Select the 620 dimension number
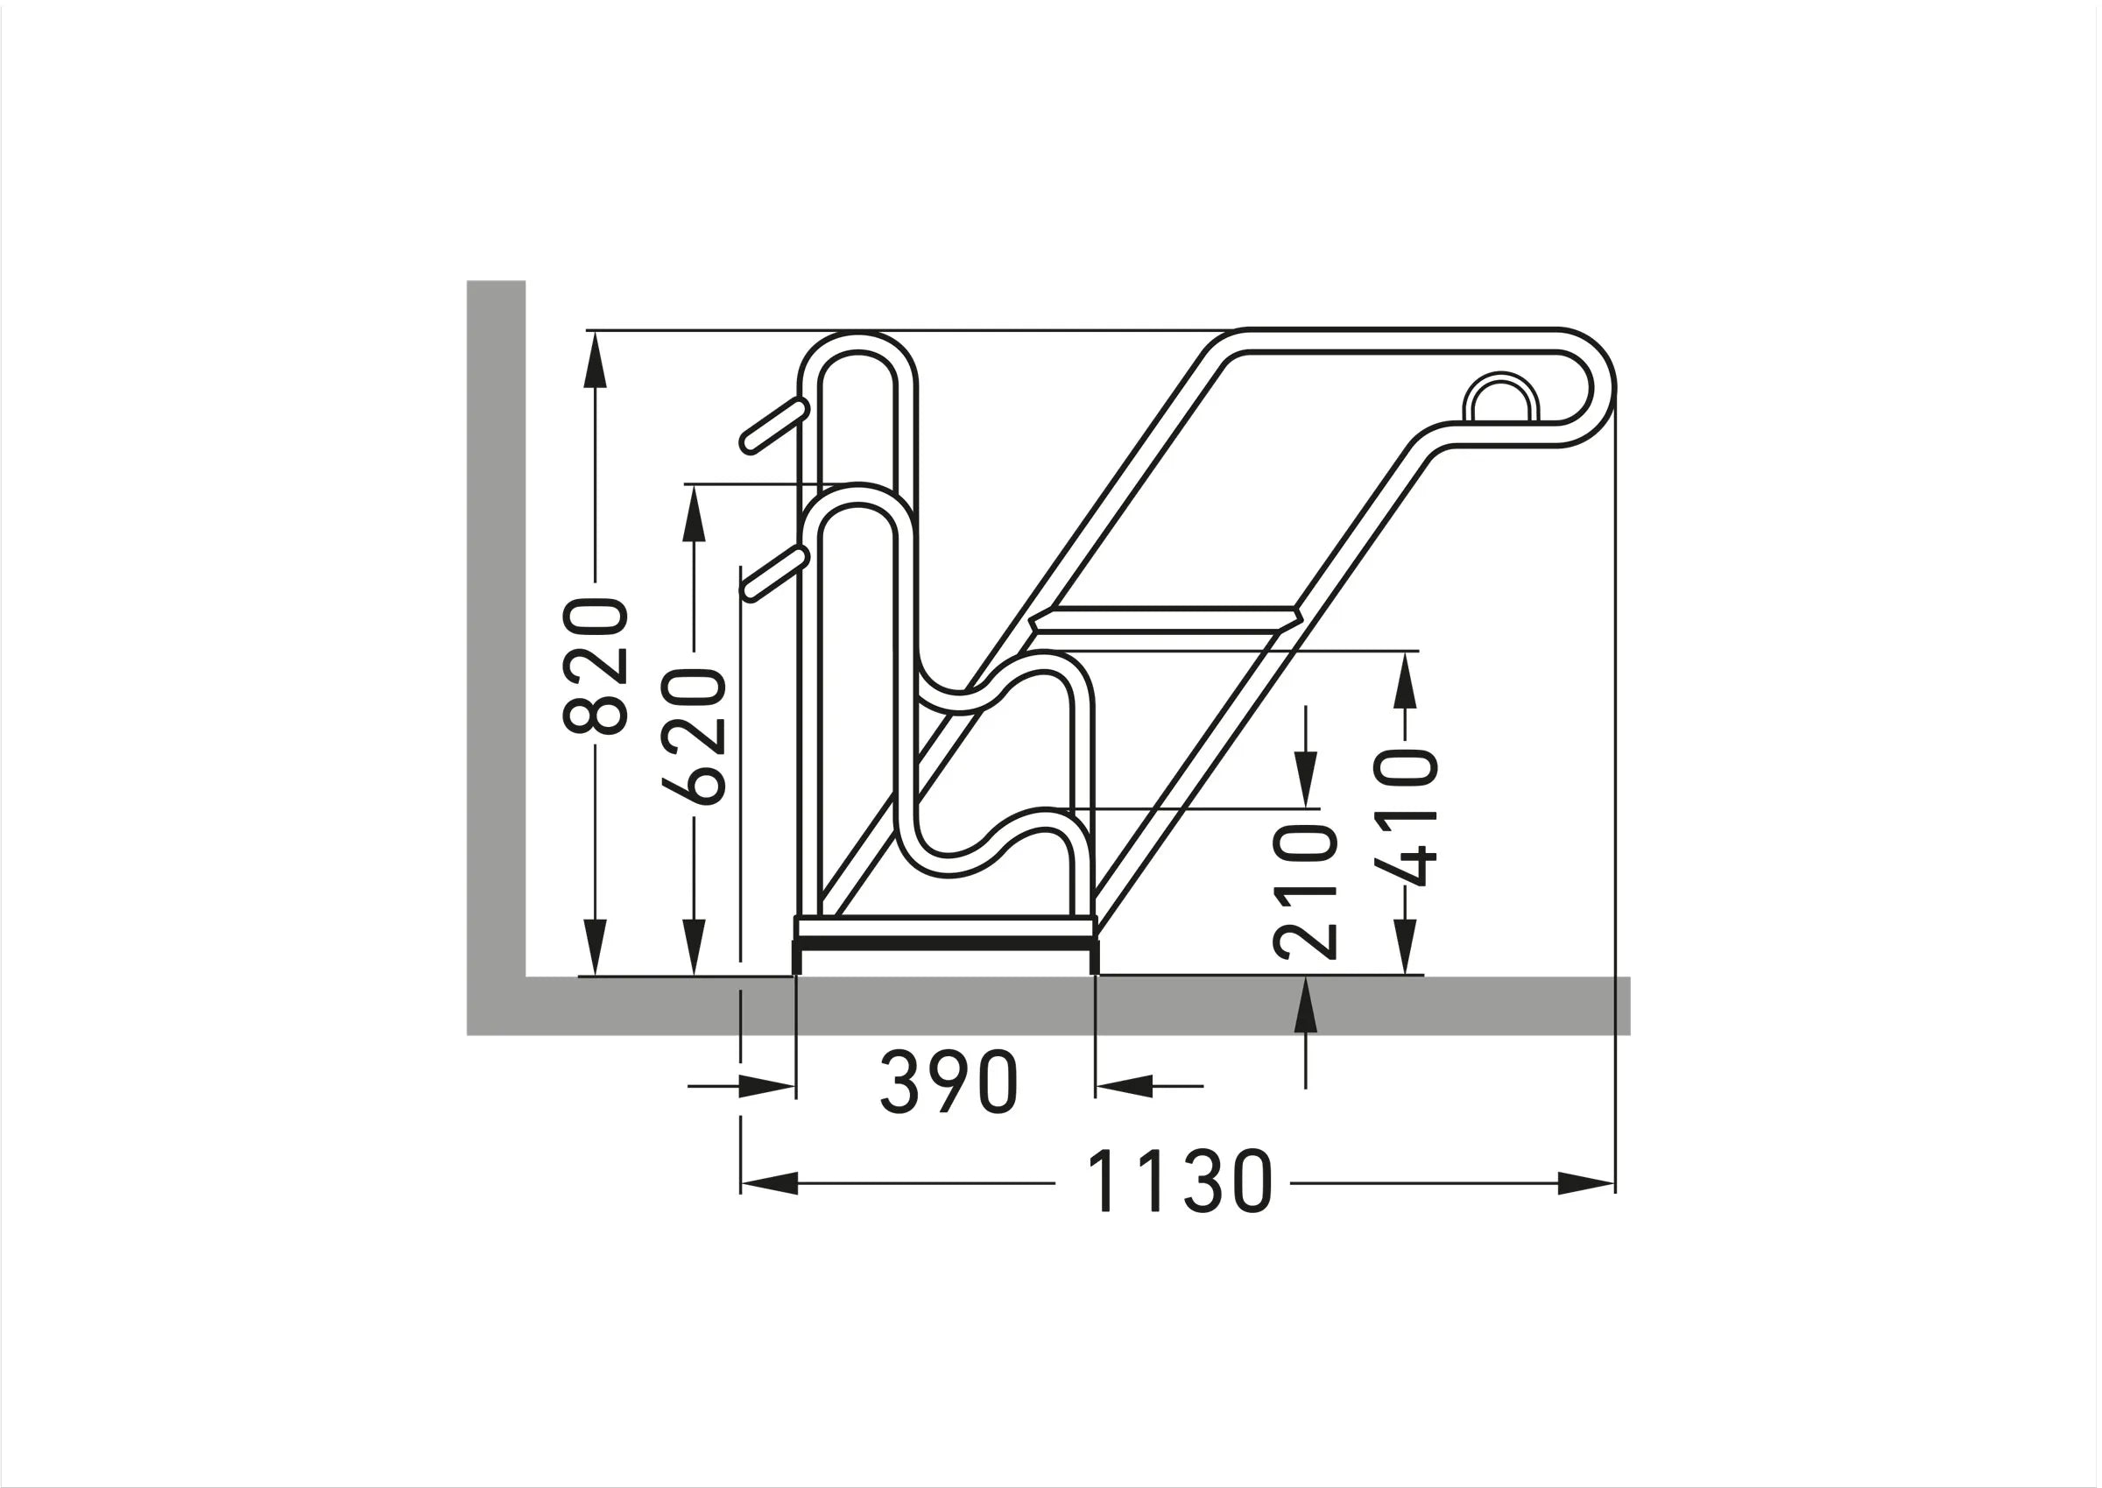(x=695, y=737)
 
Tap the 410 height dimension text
(x=1405, y=817)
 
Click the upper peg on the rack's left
(x=775, y=426)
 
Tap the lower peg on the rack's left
(x=775, y=575)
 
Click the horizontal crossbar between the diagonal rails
(x=1164, y=618)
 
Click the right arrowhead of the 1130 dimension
(x=1585, y=1184)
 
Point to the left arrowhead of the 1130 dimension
(x=770, y=1184)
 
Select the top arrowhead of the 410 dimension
(x=1405, y=679)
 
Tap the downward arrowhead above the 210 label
(x=1306, y=779)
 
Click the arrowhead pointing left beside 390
(x=1125, y=1087)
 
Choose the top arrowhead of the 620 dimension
(x=695, y=513)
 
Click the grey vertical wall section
(x=496, y=623)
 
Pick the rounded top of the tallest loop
(x=857, y=342)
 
